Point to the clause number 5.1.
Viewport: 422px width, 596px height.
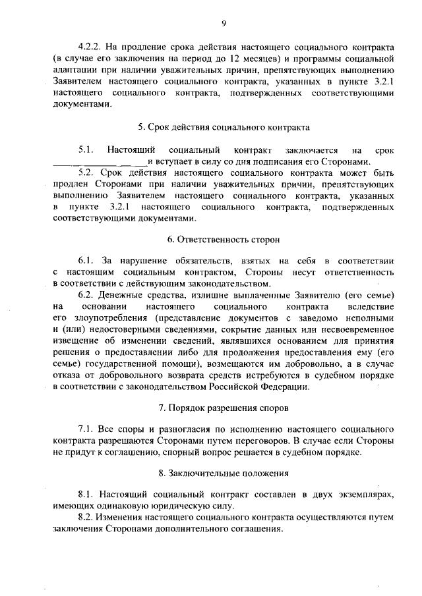point(86,150)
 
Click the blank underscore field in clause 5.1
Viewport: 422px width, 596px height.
point(100,162)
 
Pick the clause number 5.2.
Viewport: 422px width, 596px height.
point(86,173)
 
